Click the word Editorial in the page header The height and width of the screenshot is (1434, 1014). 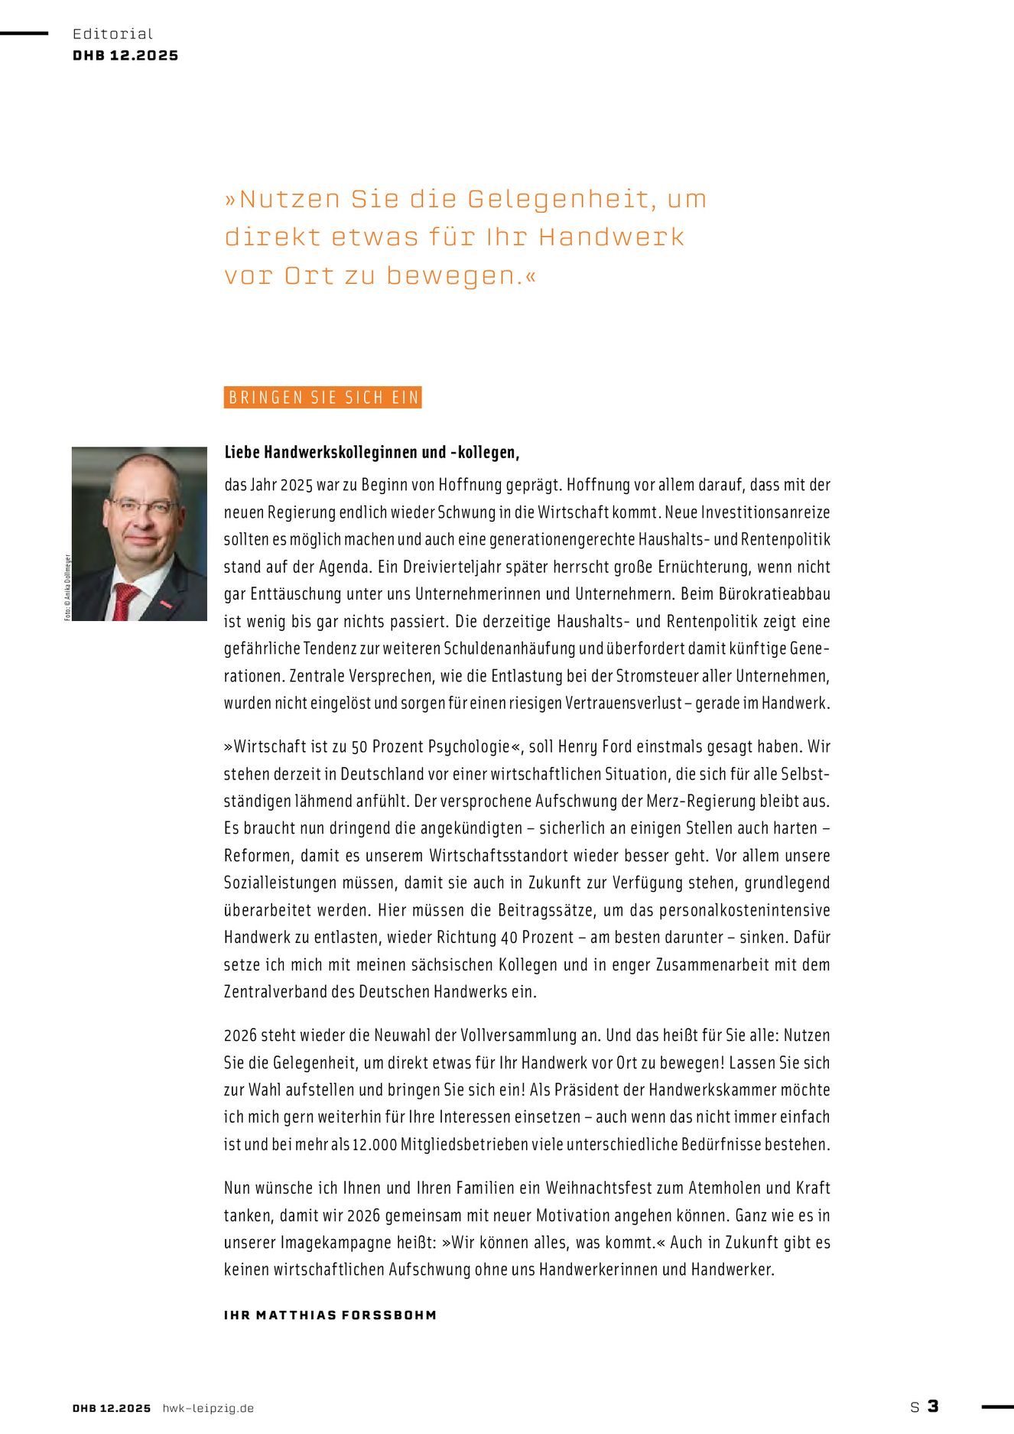tap(112, 34)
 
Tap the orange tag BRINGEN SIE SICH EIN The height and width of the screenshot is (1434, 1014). tap(323, 398)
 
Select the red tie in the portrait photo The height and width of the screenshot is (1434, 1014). tap(124, 601)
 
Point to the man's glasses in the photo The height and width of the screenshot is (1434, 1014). tap(143, 506)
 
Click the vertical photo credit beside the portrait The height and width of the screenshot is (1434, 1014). tap(67, 587)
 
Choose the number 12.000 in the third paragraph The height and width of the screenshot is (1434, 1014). tap(375, 1145)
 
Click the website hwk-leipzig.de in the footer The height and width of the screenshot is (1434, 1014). tap(208, 1408)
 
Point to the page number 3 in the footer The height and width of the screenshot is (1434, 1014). tap(933, 1406)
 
